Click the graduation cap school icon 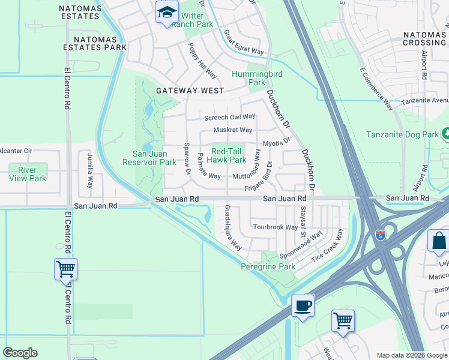point(166,12)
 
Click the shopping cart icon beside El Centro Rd point(65,269)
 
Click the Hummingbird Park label point(257,78)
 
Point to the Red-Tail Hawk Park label point(226,155)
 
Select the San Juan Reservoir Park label point(149,158)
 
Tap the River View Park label point(28,174)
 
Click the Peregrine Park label point(268,266)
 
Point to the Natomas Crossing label point(424,39)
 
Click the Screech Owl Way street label point(230,117)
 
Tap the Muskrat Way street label point(233,130)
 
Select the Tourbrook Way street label point(275,227)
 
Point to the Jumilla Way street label point(90,170)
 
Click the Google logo point(20,353)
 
